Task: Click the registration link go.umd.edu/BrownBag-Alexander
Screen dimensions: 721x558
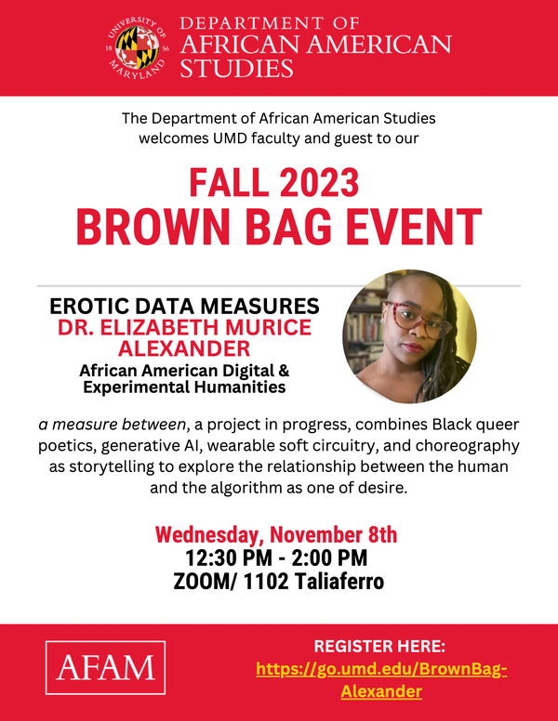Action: point(381,680)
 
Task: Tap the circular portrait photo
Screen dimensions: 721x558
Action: point(409,336)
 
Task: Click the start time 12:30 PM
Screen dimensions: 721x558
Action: point(224,558)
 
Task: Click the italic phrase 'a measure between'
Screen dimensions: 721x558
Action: point(111,425)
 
